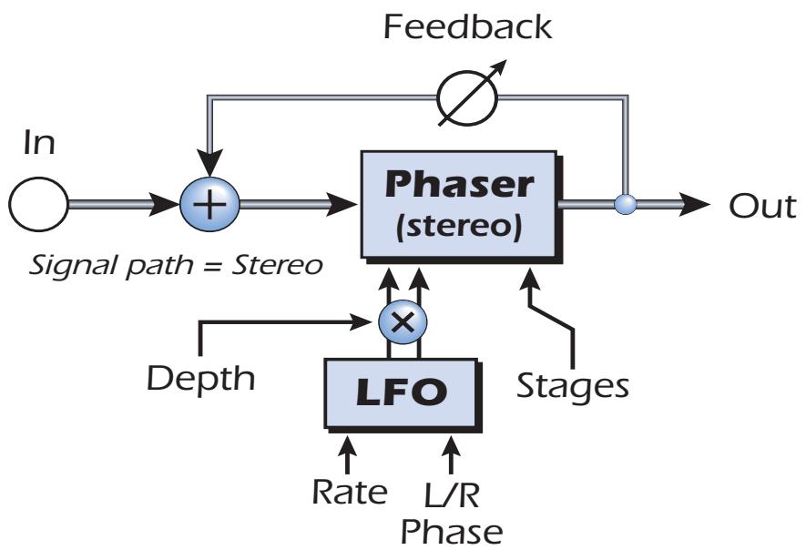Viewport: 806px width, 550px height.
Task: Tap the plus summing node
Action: click(x=209, y=204)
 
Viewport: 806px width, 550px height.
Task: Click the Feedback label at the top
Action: click(x=467, y=27)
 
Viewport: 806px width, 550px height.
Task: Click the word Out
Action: click(x=763, y=206)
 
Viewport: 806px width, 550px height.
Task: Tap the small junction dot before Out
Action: click(x=623, y=204)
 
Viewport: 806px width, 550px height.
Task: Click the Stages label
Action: click(x=572, y=385)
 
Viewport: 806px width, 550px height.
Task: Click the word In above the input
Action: click(x=38, y=145)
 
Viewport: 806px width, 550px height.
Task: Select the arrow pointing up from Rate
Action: click(x=348, y=450)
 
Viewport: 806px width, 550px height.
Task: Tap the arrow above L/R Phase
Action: click(x=451, y=450)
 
